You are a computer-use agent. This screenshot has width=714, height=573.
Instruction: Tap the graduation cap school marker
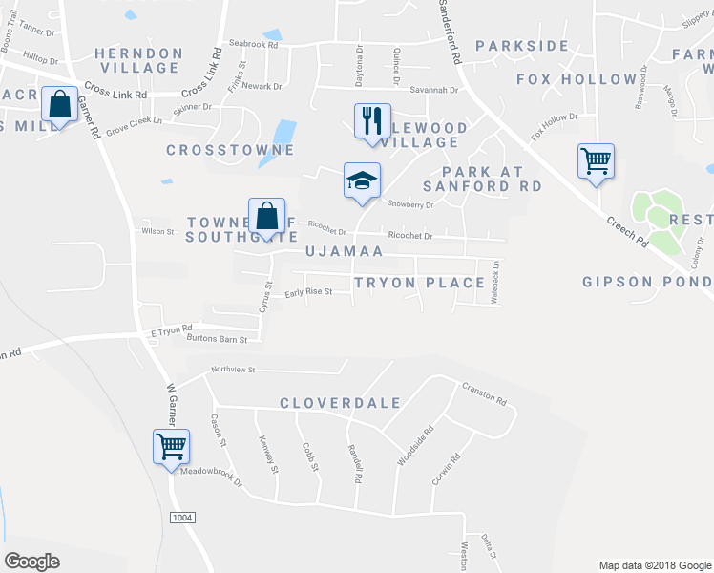pos(362,180)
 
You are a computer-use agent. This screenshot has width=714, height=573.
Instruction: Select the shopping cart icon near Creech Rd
pos(596,161)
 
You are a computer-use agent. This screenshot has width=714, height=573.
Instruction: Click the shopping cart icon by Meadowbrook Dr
pos(171,446)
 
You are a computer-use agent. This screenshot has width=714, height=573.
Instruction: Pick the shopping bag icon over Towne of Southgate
pos(267,216)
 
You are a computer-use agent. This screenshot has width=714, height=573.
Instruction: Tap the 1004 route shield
pos(181,517)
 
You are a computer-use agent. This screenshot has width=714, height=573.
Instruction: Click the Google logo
pos(32,562)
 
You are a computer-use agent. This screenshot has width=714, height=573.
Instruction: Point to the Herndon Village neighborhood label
pos(139,60)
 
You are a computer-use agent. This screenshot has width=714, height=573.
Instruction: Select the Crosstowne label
pos(230,150)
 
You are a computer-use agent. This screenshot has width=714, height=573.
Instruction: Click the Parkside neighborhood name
pos(522,46)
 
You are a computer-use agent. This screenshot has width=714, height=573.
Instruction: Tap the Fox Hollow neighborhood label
pos(577,79)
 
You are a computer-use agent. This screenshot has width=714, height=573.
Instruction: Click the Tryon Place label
pos(419,283)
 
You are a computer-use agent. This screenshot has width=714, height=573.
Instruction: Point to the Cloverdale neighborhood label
pos(341,403)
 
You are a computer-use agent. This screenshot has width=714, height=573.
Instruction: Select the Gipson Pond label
pos(647,282)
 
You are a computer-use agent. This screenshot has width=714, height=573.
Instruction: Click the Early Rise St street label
pos(308,292)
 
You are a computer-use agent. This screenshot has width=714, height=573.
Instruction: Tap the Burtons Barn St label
pos(218,339)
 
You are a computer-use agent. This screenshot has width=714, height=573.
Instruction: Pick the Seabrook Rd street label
pos(253,44)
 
